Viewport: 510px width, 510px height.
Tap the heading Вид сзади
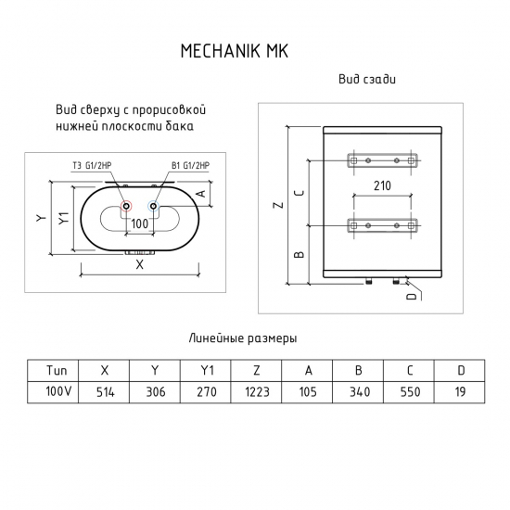368,81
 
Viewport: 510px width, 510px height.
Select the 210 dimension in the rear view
382,185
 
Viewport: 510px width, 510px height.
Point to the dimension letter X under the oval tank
140,264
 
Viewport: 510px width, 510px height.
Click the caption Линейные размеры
242,338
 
